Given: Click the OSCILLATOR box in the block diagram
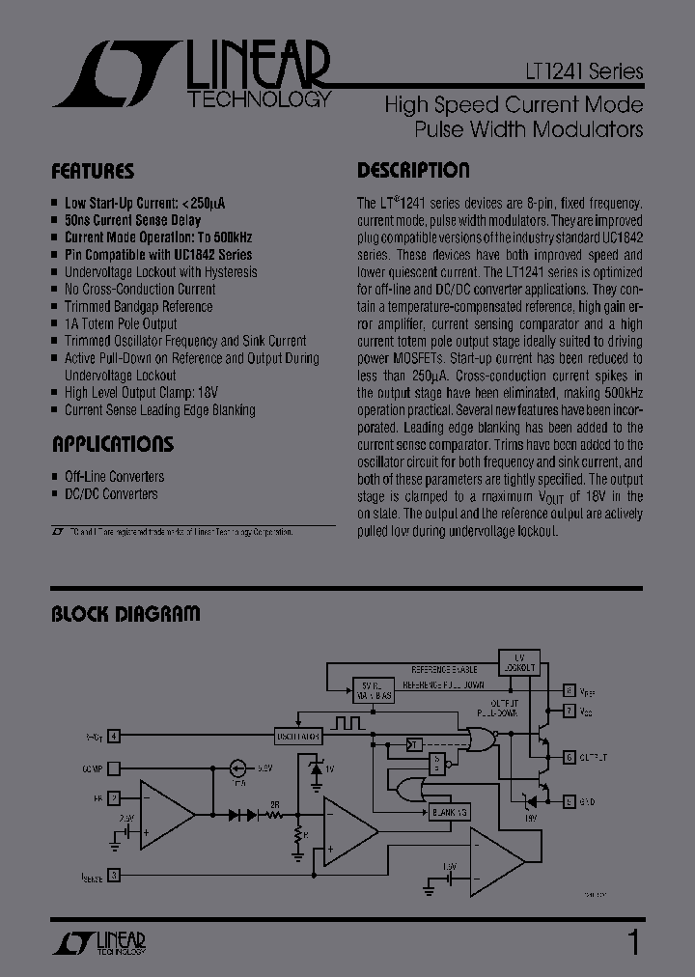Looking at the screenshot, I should coord(297,736).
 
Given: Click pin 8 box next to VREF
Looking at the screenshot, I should coord(570,692).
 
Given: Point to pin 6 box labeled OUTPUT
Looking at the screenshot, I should coord(570,756).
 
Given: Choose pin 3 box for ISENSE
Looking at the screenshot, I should coord(114,876).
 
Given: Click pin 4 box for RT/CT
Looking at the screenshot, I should coord(114,737).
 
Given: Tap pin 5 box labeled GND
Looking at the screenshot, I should coord(570,800).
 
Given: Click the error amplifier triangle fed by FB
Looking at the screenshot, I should coord(163,817).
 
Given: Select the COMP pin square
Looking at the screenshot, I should coord(114,769).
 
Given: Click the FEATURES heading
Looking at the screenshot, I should coord(93,172).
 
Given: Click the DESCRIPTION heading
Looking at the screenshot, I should coord(413,171).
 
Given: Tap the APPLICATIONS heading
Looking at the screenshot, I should coord(112,445).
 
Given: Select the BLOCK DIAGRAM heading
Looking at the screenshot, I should coord(125,613).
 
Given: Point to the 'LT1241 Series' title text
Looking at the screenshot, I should coord(582,72).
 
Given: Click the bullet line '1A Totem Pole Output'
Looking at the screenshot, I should coord(121,323).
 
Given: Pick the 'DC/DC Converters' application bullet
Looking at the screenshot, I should coord(111,494).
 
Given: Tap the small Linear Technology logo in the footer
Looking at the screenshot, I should coord(96,942).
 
